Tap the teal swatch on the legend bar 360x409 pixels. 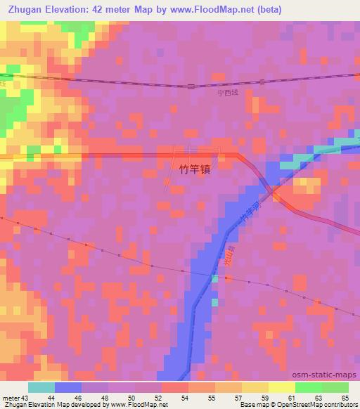[x=41, y=387]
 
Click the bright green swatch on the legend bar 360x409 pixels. [x=309, y=387]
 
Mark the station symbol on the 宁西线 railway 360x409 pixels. [x=191, y=86]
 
